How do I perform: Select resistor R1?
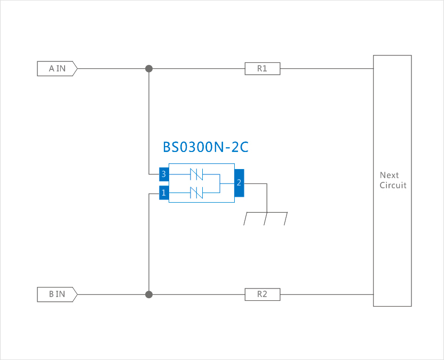point(262,68)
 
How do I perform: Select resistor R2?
point(262,294)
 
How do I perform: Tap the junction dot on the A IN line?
point(149,68)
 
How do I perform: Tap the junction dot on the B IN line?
point(149,294)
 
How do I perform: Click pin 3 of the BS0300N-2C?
point(164,174)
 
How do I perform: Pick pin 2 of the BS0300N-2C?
point(239,183)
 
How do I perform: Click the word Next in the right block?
point(389,175)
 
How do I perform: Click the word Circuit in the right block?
point(393,185)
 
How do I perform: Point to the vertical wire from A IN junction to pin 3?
point(149,123)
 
